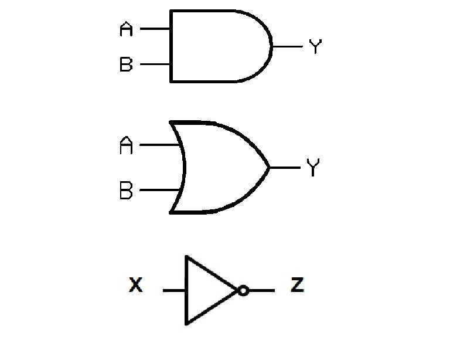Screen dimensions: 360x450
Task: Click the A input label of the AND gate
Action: (x=126, y=29)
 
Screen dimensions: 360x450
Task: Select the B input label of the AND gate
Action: (x=126, y=64)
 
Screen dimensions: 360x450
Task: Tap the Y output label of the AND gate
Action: (x=315, y=47)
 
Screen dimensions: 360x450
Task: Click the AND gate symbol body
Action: (x=217, y=46)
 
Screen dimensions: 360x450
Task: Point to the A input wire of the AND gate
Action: (x=155, y=29)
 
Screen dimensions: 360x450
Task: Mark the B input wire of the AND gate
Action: (x=155, y=64)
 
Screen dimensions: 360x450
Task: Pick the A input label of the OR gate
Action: (x=126, y=145)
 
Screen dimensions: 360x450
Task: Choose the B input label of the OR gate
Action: (x=126, y=191)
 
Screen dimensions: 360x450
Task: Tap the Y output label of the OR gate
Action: (x=313, y=168)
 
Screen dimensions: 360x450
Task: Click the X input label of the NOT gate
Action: (x=136, y=286)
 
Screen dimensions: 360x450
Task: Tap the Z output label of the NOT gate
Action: (x=298, y=286)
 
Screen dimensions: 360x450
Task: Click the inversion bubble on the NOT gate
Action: (x=243, y=290)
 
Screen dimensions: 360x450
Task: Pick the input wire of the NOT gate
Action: (x=174, y=290)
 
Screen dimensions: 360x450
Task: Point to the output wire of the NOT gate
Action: (x=261, y=290)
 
